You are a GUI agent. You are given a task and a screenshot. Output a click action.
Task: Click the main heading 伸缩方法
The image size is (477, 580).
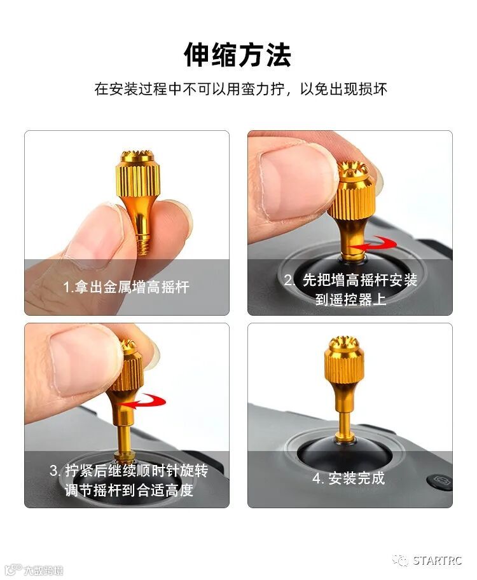click(x=237, y=55)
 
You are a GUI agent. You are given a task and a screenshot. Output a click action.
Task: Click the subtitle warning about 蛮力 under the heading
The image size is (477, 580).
click(x=240, y=89)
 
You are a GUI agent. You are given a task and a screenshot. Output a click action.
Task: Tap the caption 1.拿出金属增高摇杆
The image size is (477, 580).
click(x=127, y=287)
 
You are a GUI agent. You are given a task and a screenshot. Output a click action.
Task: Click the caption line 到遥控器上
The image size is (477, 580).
click(x=350, y=299)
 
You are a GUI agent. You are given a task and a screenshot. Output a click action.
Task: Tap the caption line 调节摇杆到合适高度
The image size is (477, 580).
click(x=129, y=490)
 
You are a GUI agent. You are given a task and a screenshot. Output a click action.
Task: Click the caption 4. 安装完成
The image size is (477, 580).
click(x=349, y=478)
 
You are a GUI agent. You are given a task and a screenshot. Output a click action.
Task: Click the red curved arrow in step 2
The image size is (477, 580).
click(x=373, y=245)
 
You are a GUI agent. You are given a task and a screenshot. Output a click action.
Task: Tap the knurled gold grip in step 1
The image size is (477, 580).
click(x=138, y=179)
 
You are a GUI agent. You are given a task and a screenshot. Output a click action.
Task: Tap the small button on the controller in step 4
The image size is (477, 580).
click(x=441, y=482)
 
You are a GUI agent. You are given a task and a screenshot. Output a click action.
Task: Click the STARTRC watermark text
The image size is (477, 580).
click(x=437, y=560)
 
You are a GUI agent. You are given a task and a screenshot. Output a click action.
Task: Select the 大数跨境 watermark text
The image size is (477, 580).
click(x=43, y=570)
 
